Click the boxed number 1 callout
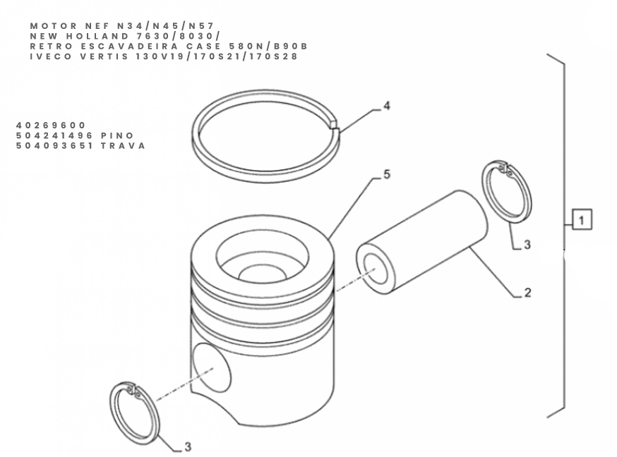pyautogui.click(x=582, y=219)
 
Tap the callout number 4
pyautogui.click(x=387, y=106)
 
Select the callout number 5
pyautogui.click(x=387, y=174)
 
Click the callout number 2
pyautogui.click(x=527, y=293)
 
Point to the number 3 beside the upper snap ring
pyautogui.click(x=527, y=245)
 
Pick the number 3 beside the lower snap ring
pyautogui.click(x=188, y=446)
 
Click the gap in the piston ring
pyautogui.click(x=334, y=125)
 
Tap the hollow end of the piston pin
pyautogui.click(x=376, y=269)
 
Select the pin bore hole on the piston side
pyautogui.click(x=212, y=368)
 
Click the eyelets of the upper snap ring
pyautogui.click(x=505, y=169)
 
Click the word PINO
pyautogui.click(x=117, y=135)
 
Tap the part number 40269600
pyautogui.click(x=51, y=126)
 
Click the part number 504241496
pyautogui.click(x=54, y=135)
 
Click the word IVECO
pyautogui.click(x=51, y=56)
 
